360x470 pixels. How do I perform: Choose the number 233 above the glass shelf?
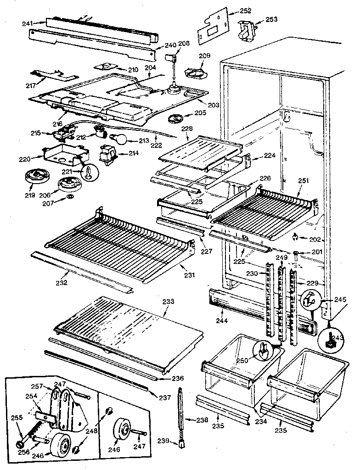tap(168, 302)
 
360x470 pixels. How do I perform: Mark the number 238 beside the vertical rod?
tap(201, 420)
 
